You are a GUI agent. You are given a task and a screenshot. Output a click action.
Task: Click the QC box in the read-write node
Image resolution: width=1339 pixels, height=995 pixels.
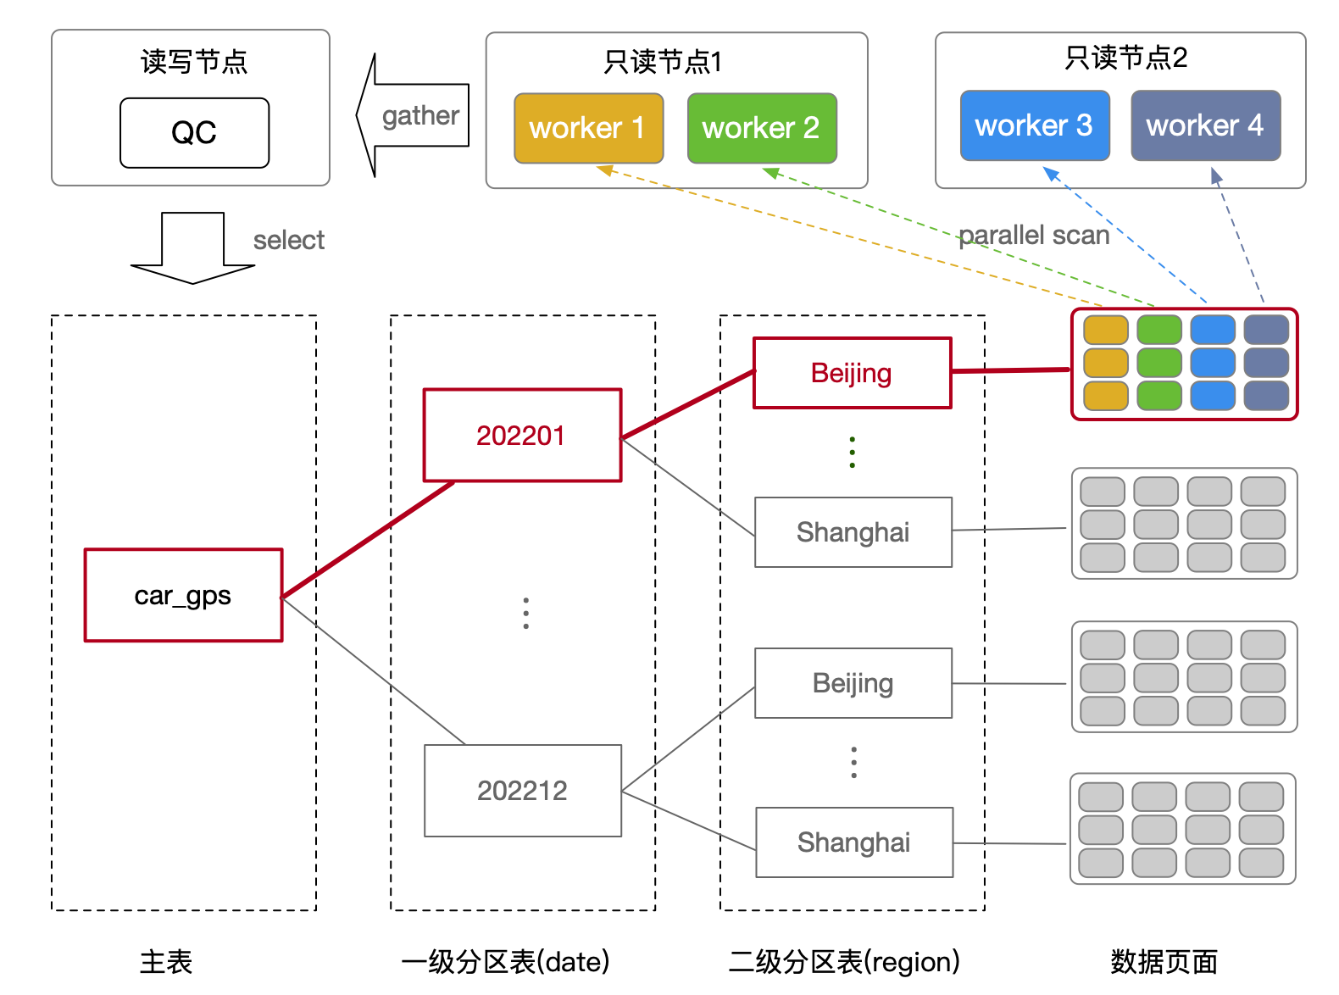[x=194, y=133]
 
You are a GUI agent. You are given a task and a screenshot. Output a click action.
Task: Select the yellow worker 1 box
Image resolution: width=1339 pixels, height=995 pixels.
[x=588, y=128]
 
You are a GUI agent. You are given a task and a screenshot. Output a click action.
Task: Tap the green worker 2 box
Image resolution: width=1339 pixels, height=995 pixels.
[x=761, y=128]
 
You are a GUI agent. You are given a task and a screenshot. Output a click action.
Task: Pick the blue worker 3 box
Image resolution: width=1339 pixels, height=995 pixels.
[x=1034, y=125]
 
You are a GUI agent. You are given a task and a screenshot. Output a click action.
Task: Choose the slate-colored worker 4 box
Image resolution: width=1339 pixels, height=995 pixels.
[x=1204, y=125]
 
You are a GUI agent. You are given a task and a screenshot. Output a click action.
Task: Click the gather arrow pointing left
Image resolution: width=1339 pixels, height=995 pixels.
[x=414, y=115]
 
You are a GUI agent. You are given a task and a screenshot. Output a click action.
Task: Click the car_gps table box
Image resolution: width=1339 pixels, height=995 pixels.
[x=183, y=595]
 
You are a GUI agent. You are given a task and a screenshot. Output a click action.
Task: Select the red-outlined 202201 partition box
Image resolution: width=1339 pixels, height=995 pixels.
[x=522, y=436]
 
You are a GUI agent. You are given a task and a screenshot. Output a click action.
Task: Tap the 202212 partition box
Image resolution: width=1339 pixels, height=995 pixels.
[x=522, y=791]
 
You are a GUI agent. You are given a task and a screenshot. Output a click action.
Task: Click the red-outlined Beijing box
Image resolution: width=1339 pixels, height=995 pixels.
[x=852, y=373]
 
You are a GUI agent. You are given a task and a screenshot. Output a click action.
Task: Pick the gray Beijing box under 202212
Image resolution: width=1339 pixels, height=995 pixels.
[x=853, y=683]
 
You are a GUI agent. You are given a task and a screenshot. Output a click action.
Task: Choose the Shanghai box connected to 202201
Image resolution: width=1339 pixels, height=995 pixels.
[x=853, y=532]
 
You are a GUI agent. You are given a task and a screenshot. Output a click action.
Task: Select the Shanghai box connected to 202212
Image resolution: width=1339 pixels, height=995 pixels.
[x=853, y=842]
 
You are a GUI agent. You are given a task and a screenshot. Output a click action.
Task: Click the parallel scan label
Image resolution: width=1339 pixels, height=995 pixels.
[x=1033, y=235]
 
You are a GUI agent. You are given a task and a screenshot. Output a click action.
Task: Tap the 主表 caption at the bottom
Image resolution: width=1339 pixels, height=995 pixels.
[x=166, y=962]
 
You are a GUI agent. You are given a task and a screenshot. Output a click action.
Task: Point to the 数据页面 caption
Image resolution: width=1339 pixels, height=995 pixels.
[x=1164, y=962]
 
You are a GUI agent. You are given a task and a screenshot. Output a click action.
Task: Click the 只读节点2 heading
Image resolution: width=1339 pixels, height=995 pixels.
[x=1125, y=58]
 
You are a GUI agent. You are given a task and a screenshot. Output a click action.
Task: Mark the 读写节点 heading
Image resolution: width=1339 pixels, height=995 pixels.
[x=193, y=62]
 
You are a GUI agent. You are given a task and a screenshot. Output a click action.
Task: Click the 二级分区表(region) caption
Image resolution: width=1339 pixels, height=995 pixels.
[x=844, y=962]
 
